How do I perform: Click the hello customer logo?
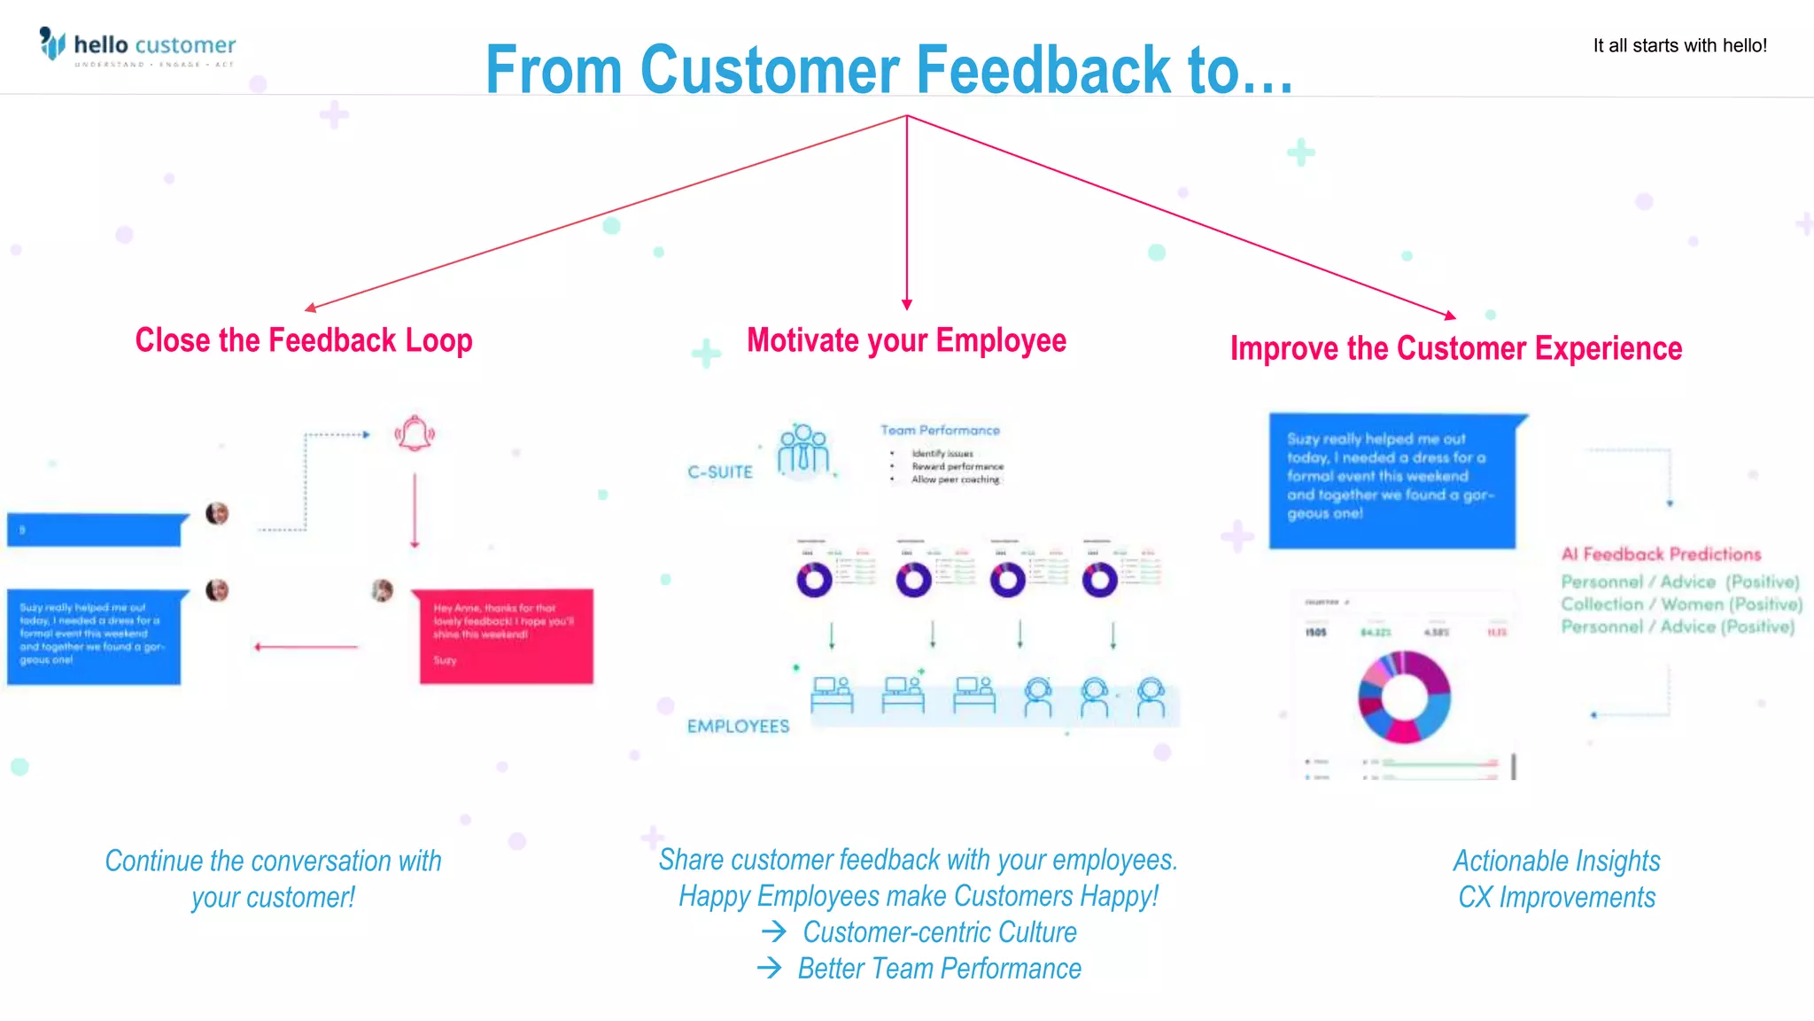click(137, 46)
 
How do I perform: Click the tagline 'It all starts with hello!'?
click(1679, 46)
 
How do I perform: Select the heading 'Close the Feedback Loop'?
click(303, 340)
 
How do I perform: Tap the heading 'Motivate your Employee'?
click(906, 340)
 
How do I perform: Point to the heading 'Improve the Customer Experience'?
click(1455, 348)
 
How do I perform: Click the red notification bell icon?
click(415, 433)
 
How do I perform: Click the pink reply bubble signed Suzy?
click(506, 635)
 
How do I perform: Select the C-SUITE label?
click(720, 472)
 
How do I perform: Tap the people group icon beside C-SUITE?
click(803, 449)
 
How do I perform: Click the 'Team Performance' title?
click(940, 430)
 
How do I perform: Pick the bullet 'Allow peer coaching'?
click(955, 479)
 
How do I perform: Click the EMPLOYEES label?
click(738, 727)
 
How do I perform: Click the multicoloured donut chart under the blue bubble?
click(1404, 697)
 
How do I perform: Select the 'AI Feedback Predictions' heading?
click(1661, 555)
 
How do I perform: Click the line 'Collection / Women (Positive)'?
click(1680, 604)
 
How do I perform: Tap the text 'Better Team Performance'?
click(939, 969)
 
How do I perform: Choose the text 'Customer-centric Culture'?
click(939, 932)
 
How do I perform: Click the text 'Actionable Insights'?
click(1556, 861)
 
